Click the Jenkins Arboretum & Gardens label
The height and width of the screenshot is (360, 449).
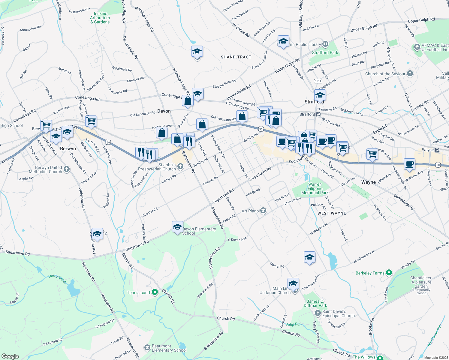pos(100,18)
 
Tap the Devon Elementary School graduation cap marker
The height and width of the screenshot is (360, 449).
pos(177,227)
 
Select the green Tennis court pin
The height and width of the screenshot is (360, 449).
pos(155,292)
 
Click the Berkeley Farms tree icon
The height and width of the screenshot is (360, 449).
pos(389,273)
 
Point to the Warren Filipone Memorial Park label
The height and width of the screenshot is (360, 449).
pos(315,189)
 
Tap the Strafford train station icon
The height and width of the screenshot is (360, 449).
pos(318,114)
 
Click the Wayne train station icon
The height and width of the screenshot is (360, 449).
pos(437,150)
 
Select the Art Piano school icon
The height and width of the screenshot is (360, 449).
pos(263,211)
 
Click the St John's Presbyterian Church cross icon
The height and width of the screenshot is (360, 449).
pos(180,166)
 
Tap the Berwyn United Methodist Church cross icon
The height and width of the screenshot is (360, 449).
pos(67,169)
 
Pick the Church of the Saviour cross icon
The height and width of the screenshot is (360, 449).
pos(410,73)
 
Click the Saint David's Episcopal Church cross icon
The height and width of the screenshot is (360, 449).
pos(318,313)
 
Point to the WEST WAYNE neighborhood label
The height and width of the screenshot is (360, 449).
pos(332,213)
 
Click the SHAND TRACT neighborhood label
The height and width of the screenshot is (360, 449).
pos(236,57)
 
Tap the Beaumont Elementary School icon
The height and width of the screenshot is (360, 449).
pos(147,348)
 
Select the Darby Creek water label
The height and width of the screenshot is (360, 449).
pos(57,279)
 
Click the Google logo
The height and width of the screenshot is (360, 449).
pos(10,356)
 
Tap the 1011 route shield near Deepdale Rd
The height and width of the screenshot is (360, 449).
pos(318,81)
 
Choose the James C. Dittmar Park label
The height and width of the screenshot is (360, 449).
pos(315,303)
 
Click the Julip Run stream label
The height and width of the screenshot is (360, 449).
pos(293,324)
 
